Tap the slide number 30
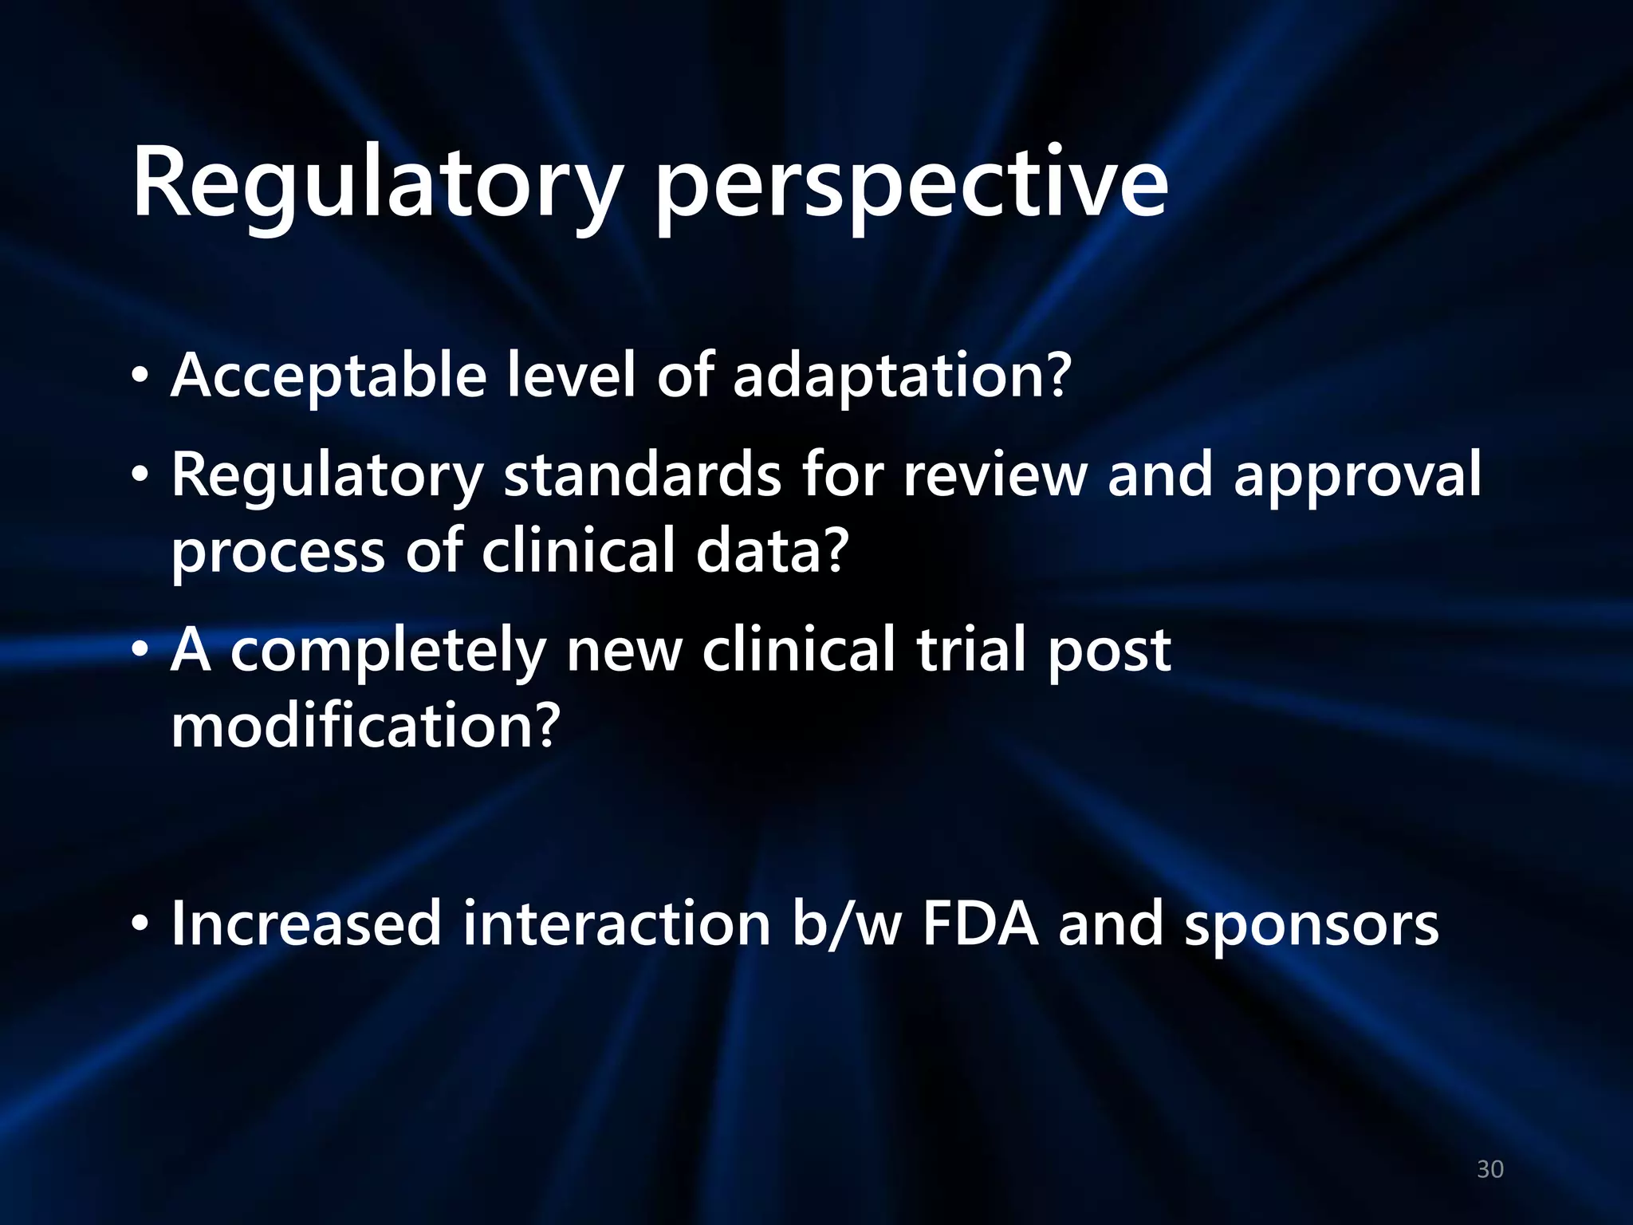tap(1490, 1169)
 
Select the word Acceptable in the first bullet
tap(329, 376)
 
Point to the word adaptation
tap(901, 376)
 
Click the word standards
tap(642, 475)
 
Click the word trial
tap(971, 649)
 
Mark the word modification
tap(366, 726)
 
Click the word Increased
tap(306, 924)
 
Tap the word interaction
tap(616, 924)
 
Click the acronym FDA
tap(981, 924)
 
